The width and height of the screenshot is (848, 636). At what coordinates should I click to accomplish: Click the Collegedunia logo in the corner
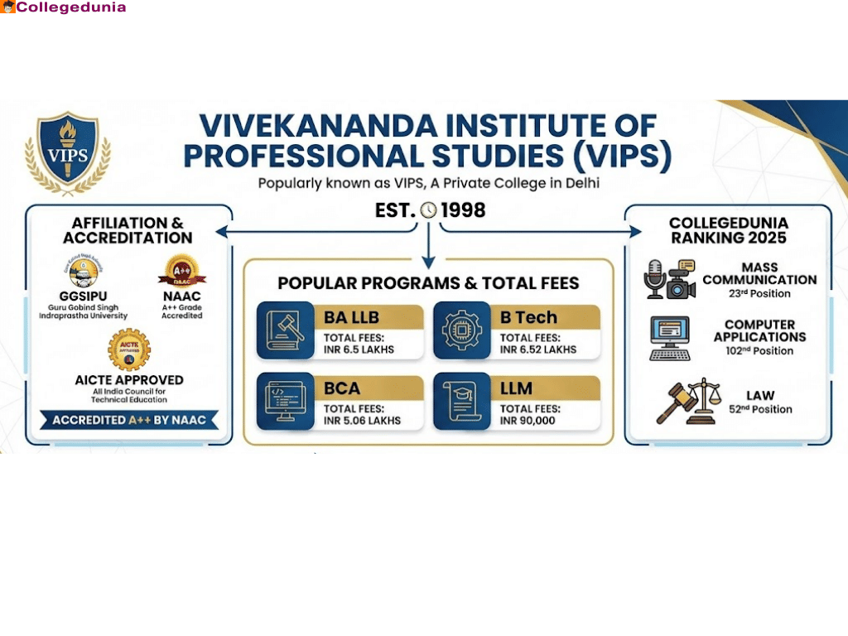[x=64, y=7]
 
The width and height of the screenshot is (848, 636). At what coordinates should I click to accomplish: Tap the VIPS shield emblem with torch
[x=67, y=152]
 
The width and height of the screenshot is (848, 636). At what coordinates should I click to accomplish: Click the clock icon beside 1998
[x=428, y=210]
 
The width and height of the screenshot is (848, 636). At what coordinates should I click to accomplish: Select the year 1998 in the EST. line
[x=463, y=210]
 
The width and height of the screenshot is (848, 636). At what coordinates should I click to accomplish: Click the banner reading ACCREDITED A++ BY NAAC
[x=129, y=420]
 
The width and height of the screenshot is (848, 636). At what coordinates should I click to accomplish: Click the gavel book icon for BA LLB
[x=285, y=330]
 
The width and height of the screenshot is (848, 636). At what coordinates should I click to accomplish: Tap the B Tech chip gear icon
[x=461, y=330]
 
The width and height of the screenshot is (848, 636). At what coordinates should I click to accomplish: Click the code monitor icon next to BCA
[x=285, y=402]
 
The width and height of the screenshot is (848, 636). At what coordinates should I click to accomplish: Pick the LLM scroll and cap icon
[x=461, y=402]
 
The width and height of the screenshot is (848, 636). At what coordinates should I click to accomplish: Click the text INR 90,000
[x=528, y=420]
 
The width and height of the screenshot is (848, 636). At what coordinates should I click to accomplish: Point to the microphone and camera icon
[x=669, y=280]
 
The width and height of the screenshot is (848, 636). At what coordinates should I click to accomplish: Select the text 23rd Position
[x=759, y=293]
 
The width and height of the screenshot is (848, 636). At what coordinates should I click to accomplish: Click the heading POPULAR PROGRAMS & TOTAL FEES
[x=428, y=283]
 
